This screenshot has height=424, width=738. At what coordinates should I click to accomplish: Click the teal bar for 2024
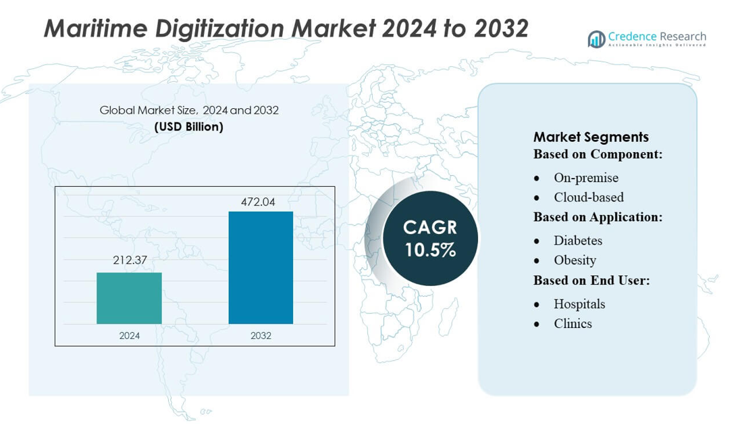[129, 298]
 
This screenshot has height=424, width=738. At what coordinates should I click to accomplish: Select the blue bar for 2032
[261, 268]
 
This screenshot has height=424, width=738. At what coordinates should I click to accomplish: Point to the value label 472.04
[261, 202]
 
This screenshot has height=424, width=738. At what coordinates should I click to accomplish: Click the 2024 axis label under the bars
[129, 335]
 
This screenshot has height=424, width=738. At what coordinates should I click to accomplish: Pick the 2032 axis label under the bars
[261, 335]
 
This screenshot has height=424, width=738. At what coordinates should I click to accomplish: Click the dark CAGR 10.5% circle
[430, 239]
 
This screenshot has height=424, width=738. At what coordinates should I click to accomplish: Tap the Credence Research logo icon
[596, 39]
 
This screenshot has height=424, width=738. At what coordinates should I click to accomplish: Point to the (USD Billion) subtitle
[188, 126]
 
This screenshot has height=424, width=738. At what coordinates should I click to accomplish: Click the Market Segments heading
[591, 137]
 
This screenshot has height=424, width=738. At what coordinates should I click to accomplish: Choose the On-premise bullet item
[585, 178]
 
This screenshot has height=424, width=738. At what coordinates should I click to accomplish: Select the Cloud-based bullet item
[588, 197]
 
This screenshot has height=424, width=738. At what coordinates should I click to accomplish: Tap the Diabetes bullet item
[577, 241]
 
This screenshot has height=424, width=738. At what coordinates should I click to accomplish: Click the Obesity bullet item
[575, 260]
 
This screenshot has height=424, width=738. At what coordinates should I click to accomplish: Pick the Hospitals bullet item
[579, 304]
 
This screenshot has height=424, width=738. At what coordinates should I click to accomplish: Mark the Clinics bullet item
[573, 324]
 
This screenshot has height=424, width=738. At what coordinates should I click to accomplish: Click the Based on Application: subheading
[598, 217]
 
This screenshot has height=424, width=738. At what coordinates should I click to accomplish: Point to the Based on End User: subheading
[591, 280]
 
